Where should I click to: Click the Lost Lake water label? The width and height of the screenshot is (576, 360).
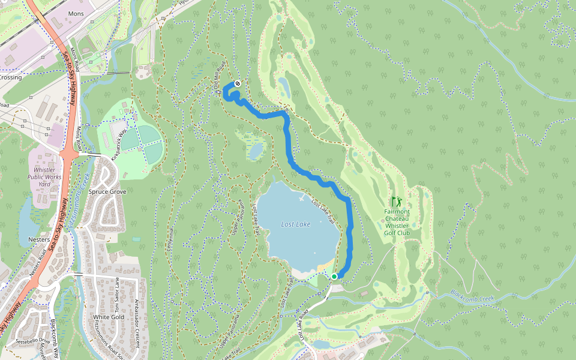coord(296,224)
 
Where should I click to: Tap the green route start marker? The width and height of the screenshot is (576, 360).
coord(334,276)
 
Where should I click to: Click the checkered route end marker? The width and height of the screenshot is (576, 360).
coord(238,83)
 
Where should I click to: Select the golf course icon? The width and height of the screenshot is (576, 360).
coord(396,202)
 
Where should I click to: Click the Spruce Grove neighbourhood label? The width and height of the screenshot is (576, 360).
coord(107,192)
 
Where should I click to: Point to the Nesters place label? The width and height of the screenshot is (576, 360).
coord(39,239)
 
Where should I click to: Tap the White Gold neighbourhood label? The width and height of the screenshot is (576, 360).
coord(109,317)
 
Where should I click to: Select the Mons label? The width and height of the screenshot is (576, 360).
coord(77,13)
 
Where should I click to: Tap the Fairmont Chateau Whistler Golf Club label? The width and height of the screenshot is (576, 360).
coord(397,222)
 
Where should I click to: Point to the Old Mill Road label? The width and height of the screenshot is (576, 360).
coord(219,76)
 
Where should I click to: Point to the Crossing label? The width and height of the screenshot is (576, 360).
coord(10,77)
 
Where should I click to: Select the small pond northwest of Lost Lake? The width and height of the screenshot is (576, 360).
coord(256,151)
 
